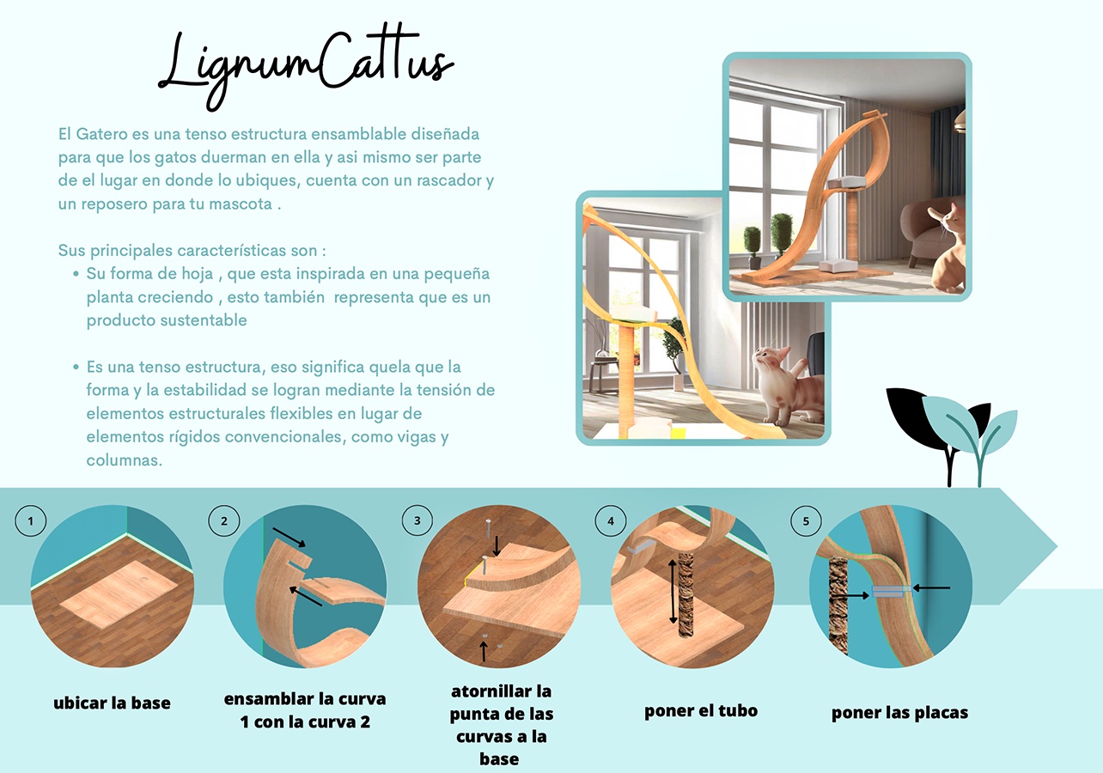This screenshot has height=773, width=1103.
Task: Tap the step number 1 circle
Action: [31, 520]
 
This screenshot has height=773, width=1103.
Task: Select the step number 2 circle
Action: [224, 520]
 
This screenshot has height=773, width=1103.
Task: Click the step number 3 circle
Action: [417, 520]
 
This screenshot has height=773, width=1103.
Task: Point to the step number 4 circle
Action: [611, 520]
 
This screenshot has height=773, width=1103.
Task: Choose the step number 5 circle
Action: [805, 520]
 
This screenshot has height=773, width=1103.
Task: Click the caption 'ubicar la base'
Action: [112, 703]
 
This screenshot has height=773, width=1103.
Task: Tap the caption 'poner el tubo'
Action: [701, 710]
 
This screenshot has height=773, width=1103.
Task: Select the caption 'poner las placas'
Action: [899, 713]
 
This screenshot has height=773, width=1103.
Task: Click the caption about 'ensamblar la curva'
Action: [305, 709]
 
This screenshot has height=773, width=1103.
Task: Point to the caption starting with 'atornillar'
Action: [502, 725]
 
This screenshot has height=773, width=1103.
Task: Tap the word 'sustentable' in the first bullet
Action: [204, 320]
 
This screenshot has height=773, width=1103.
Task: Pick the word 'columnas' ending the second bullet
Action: [124, 460]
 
